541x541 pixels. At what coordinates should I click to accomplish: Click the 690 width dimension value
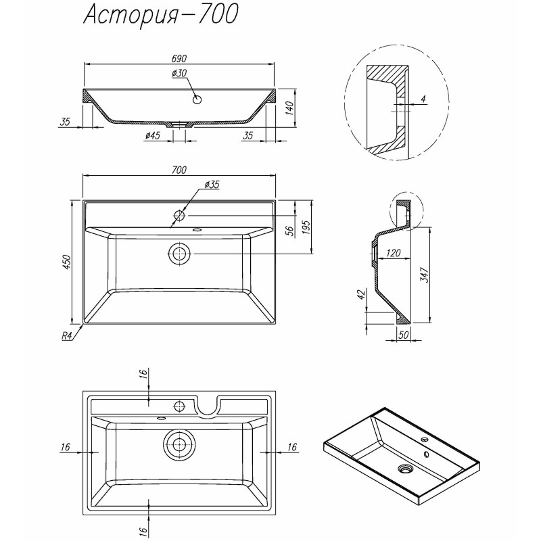coord(179,59)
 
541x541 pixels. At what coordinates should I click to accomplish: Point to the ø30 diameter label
coord(179,73)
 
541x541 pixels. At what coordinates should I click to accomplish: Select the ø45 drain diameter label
coord(152,137)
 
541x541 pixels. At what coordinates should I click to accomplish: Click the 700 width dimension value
coord(179,170)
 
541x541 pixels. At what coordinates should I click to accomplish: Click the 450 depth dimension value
coord(66,262)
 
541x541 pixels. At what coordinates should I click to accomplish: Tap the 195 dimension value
coord(306,227)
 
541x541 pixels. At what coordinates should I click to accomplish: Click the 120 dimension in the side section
coord(394,253)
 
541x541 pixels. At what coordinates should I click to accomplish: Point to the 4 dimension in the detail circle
coord(423,99)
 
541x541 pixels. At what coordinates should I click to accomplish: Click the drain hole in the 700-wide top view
coord(179,254)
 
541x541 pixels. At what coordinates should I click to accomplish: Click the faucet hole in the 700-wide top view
coord(179,216)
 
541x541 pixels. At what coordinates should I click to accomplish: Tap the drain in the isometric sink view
coord(406,467)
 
